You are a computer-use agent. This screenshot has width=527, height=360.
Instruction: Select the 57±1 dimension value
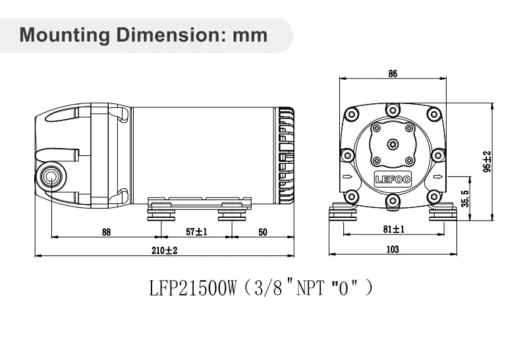pyautogui.click(x=196, y=231)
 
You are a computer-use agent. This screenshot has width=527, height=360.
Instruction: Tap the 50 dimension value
pyautogui.click(x=262, y=231)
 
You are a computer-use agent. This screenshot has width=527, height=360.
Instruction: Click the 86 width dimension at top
pyautogui.click(x=393, y=74)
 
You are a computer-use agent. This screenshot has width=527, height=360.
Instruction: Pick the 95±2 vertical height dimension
pyautogui.click(x=487, y=162)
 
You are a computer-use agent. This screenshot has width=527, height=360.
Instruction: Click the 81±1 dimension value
pyautogui.click(x=394, y=229)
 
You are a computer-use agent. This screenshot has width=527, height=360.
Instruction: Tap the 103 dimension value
pyautogui.click(x=393, y=249)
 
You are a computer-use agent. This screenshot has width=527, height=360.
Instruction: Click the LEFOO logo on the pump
pyautogui.click(x=393, y=178)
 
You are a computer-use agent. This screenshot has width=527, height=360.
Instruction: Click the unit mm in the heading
pyautogui.click(x=250, y=34)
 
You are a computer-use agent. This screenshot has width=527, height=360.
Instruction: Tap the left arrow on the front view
pyautogui.click(x=347, y=178)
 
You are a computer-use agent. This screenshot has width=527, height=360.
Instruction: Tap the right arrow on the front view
pyautogui.click(x=439, y=178)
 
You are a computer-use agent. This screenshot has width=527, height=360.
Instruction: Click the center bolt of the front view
pyautogui.click(x=393, y=143)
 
